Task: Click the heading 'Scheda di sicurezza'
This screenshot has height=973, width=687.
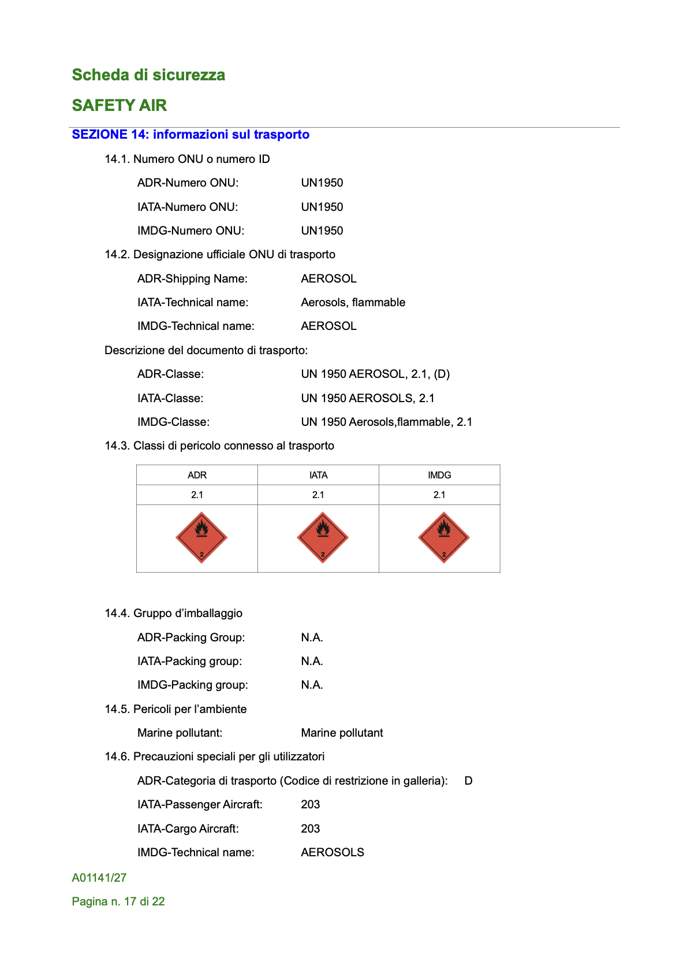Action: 148,75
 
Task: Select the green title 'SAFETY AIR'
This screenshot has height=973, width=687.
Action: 119,105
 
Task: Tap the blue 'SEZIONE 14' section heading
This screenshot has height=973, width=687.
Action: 191,135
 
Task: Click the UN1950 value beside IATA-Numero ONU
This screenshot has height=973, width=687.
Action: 322,207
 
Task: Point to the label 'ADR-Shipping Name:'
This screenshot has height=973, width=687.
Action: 192,278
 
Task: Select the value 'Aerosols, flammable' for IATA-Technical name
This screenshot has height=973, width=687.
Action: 353,302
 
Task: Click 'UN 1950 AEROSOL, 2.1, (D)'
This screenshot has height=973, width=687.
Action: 375,374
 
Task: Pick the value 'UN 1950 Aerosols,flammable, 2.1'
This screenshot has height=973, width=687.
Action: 386,422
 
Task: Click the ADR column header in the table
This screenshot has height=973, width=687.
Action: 197,475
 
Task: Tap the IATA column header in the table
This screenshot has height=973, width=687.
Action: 318,475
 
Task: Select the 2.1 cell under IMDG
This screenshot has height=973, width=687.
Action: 439,495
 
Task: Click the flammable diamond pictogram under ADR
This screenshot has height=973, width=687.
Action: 201,537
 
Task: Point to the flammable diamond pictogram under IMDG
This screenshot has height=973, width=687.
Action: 443,537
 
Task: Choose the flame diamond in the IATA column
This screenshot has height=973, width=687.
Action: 322,537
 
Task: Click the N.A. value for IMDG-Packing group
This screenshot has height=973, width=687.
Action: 312,685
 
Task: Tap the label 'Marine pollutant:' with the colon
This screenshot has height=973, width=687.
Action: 180,733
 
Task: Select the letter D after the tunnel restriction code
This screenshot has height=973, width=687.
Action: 468,781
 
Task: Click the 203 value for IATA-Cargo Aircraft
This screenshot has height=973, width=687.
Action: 310,829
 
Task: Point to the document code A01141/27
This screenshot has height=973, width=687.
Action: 99,878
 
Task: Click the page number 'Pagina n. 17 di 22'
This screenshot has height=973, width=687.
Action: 118,901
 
